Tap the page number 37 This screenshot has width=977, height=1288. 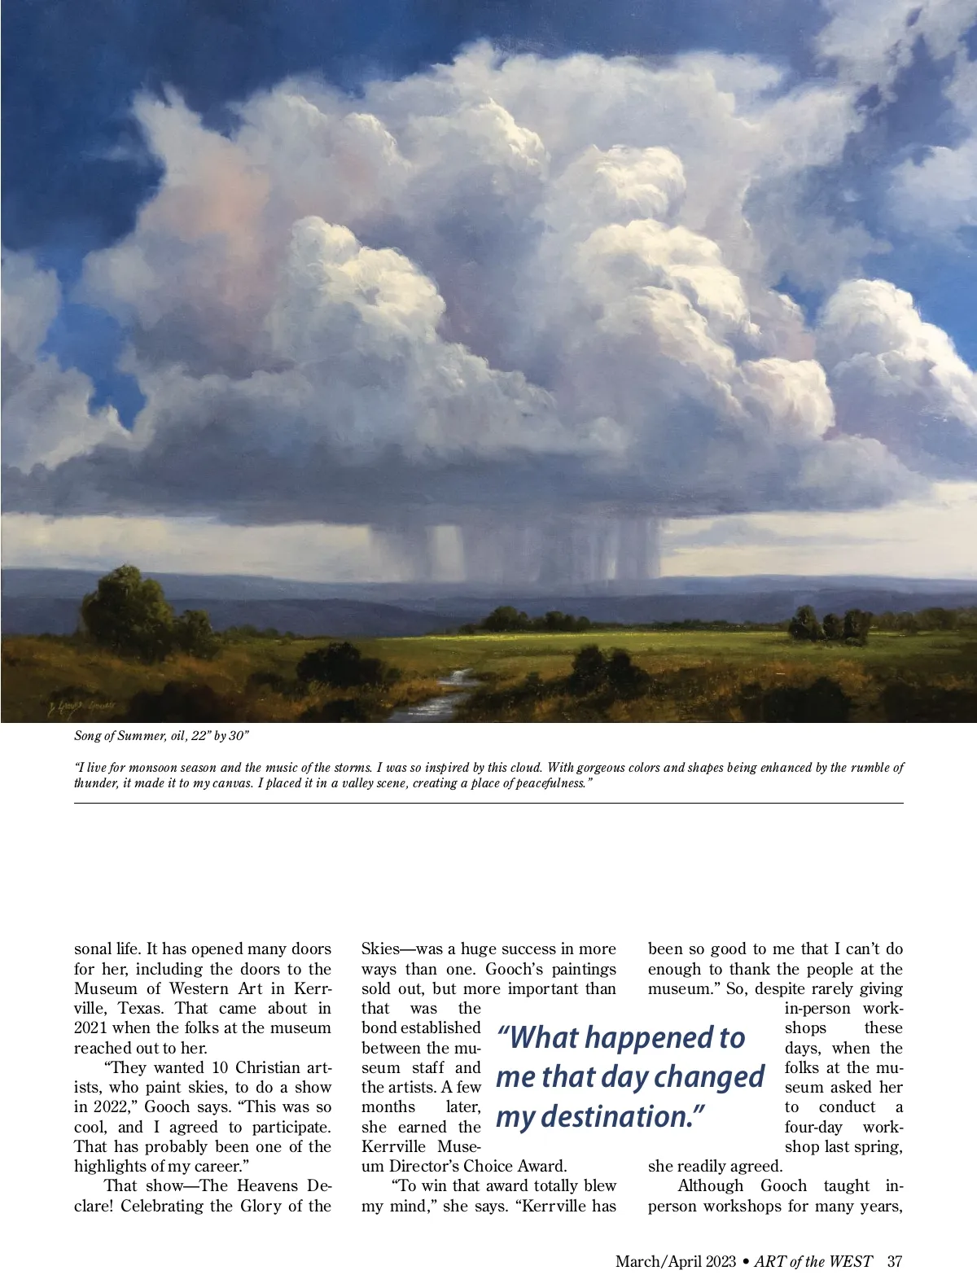click(x=895, y=1262)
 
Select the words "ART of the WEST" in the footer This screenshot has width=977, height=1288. click(x=813, y=1262)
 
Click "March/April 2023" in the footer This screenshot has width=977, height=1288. click(x=676, y=1262)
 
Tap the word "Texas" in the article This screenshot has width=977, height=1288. click(x=140, y=1009)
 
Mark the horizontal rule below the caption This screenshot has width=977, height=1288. click(x=488, y=804)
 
